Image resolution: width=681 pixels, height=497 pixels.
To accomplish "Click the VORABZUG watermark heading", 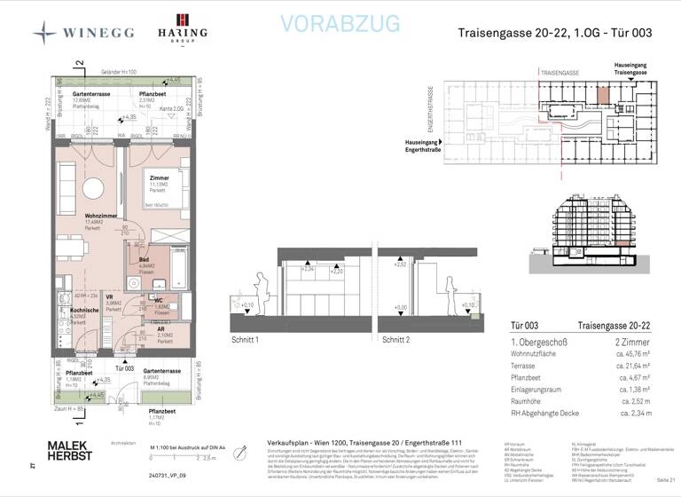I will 340,24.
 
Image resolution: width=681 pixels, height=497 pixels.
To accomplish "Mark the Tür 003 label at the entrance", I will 122,367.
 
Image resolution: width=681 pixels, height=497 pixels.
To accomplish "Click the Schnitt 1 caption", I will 247,340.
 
